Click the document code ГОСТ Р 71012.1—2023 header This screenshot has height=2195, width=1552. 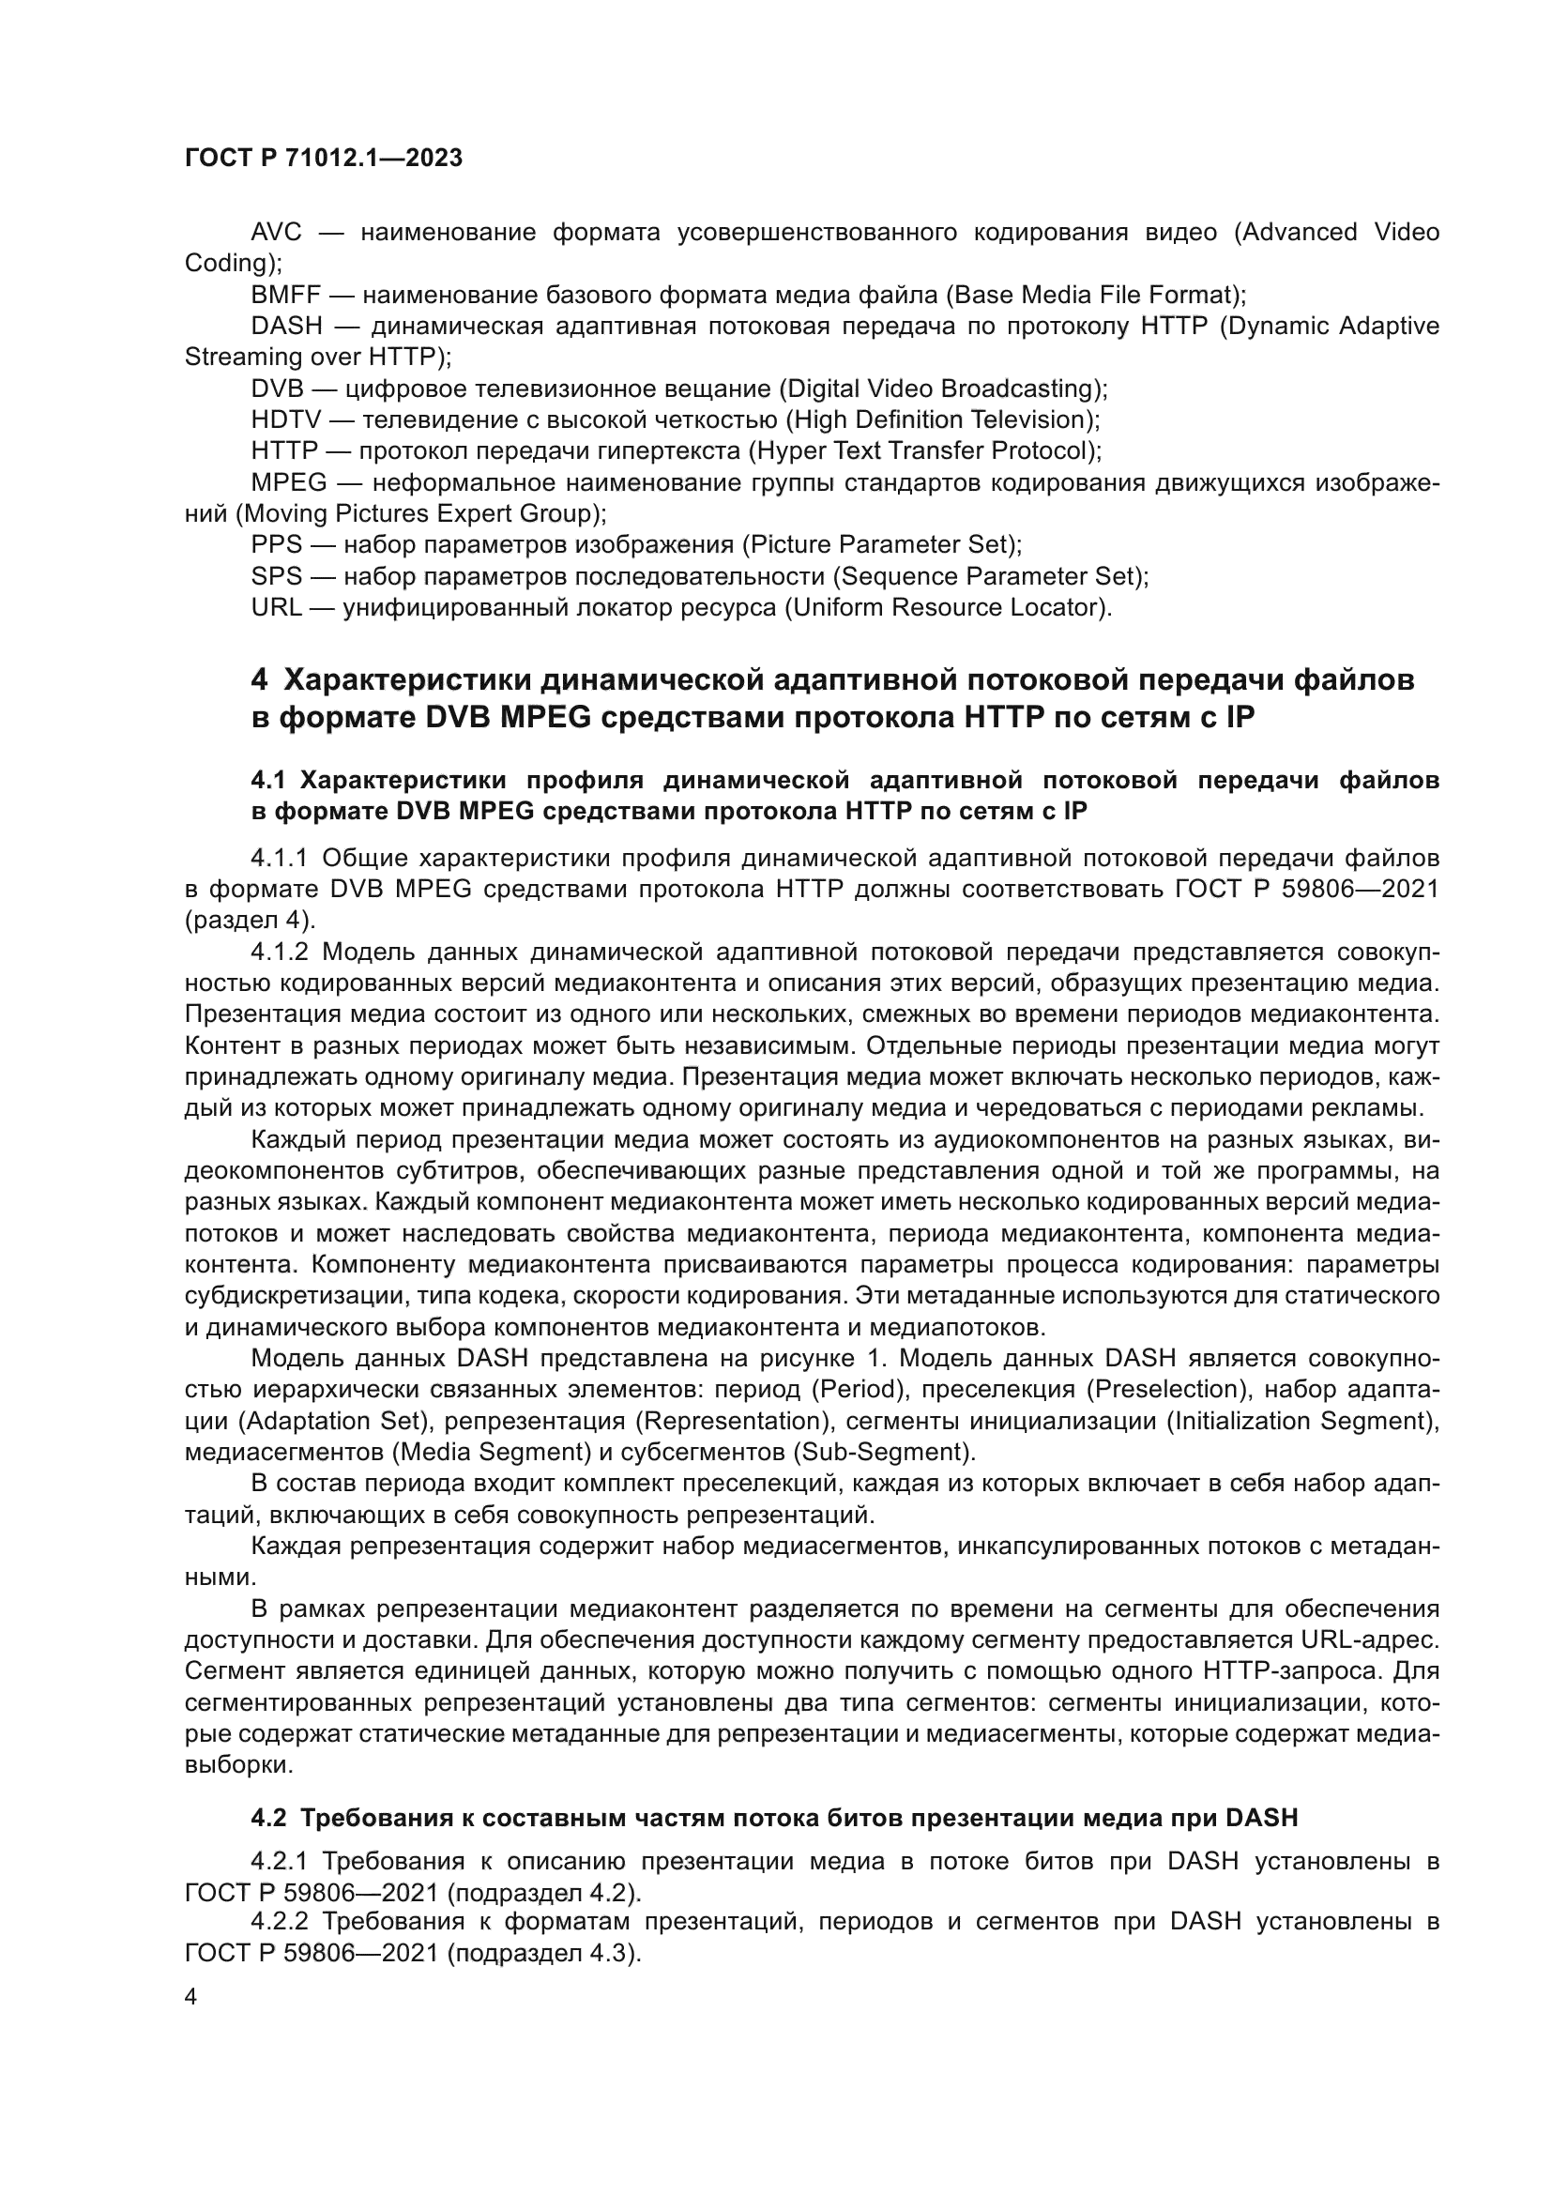pos(323,158)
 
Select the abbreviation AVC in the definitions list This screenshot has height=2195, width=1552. pos(276,233)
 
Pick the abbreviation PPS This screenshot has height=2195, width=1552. pos(276,544)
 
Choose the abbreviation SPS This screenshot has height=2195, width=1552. pos(276,576)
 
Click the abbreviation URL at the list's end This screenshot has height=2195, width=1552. pos(276,607)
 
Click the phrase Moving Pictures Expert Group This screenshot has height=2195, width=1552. pos(420,514)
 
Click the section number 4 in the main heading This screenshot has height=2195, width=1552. pos(259,679)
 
